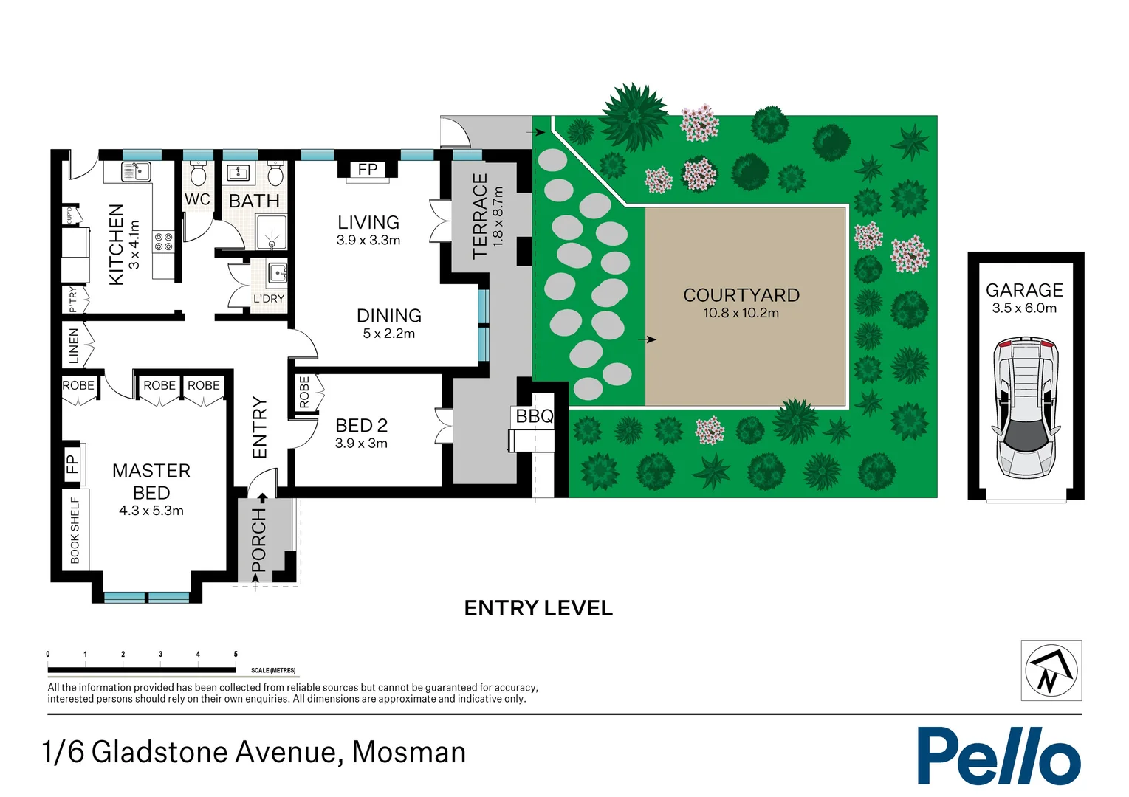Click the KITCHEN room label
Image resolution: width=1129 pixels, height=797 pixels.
[116, 244]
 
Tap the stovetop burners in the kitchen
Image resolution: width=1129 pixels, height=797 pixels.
[163, 242]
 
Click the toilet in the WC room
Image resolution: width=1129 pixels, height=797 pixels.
[198, 176]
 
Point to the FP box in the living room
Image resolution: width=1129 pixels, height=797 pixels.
[368, 170]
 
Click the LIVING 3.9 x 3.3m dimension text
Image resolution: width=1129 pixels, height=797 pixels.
[368, 240]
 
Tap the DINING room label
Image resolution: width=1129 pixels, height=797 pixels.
[388, 316]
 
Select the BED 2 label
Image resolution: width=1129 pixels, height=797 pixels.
[361, 426]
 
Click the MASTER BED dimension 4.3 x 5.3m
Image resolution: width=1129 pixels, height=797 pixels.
[151, 511]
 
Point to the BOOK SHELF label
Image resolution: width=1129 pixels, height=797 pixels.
[75, 530]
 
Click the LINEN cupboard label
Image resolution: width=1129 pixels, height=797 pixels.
[74, 346]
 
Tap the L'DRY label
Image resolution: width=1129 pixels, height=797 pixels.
[269, 299]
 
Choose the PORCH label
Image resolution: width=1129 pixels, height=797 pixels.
[258, 539]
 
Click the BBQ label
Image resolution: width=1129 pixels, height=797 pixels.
[534, 416]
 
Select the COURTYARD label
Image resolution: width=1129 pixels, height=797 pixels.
[741, 295]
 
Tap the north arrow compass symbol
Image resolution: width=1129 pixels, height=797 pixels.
[1051, 670]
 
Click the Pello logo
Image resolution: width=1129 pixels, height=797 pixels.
[998, 756]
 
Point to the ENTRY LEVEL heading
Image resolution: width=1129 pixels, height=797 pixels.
[538, 608]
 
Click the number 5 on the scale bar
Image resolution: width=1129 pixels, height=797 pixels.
[236, 654]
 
